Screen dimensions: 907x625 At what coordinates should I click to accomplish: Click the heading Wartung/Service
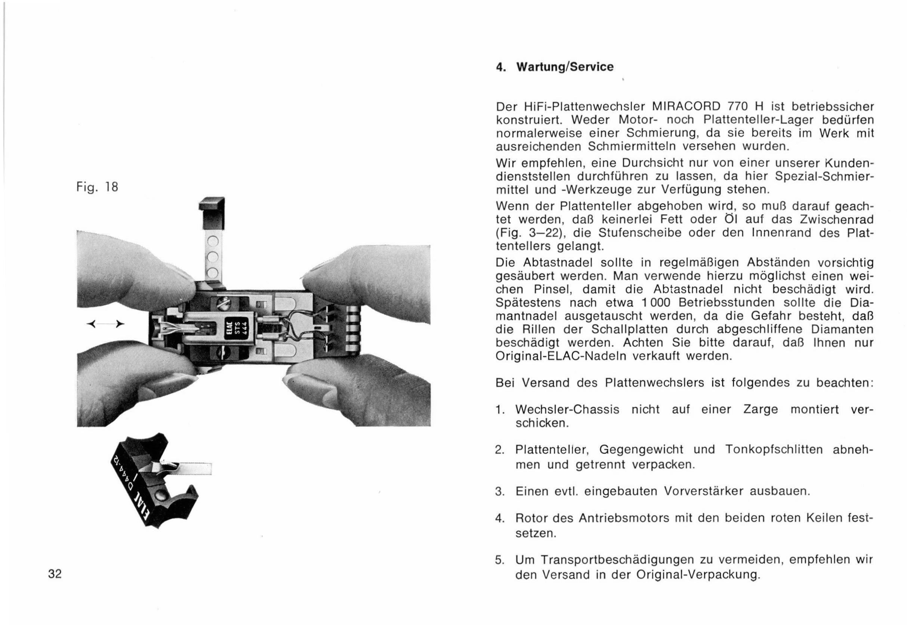pos(565,67)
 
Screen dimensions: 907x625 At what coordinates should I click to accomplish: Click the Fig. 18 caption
pos(97,187)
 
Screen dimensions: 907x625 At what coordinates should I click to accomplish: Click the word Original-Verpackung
pos(697,575)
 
